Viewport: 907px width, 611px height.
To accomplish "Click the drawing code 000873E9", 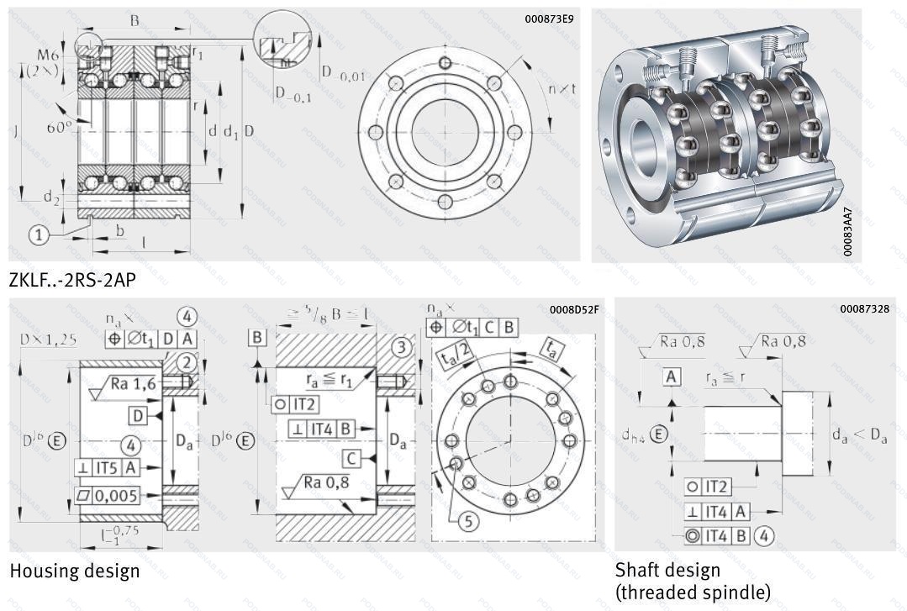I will click(549, 18).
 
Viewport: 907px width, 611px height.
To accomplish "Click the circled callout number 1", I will click(39, 235).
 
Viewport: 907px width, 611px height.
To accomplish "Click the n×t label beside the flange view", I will click(562, 88).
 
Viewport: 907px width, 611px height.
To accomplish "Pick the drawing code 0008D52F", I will click(573, 309).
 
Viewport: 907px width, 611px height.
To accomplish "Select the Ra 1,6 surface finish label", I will click(134, 384).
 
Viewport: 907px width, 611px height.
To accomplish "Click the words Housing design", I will click(75, 571).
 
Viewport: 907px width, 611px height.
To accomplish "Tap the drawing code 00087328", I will click(864, 309).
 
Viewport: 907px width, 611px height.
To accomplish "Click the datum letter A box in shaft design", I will click(671, 377).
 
